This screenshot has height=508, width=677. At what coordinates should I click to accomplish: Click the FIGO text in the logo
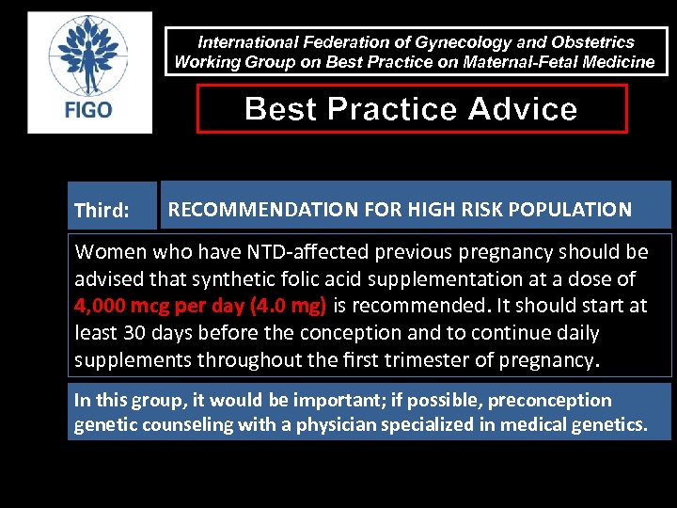tap(89, 109)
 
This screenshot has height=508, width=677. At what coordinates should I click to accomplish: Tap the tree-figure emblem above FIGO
tap(89, 56)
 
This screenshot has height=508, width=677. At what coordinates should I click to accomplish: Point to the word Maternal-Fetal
tap(485, 62)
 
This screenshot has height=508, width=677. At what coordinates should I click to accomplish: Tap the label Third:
tap(102, 211)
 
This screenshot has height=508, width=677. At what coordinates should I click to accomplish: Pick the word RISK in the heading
tap(476, 210)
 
